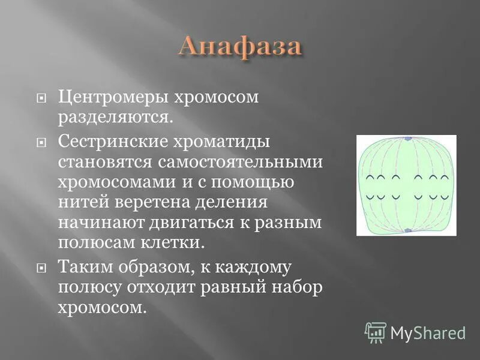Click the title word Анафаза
point(239,46)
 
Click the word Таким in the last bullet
point(83,266)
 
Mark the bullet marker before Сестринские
point(41,143)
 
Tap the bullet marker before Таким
point(41,266)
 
